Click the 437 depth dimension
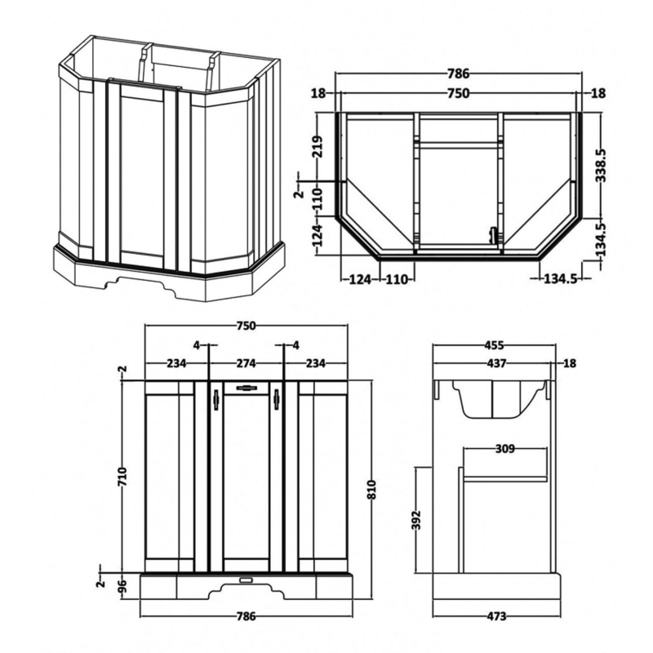click(x=497, y=363)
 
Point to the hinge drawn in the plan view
click(x=493, y=234)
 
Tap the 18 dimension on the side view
click(x=570, y=363)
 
